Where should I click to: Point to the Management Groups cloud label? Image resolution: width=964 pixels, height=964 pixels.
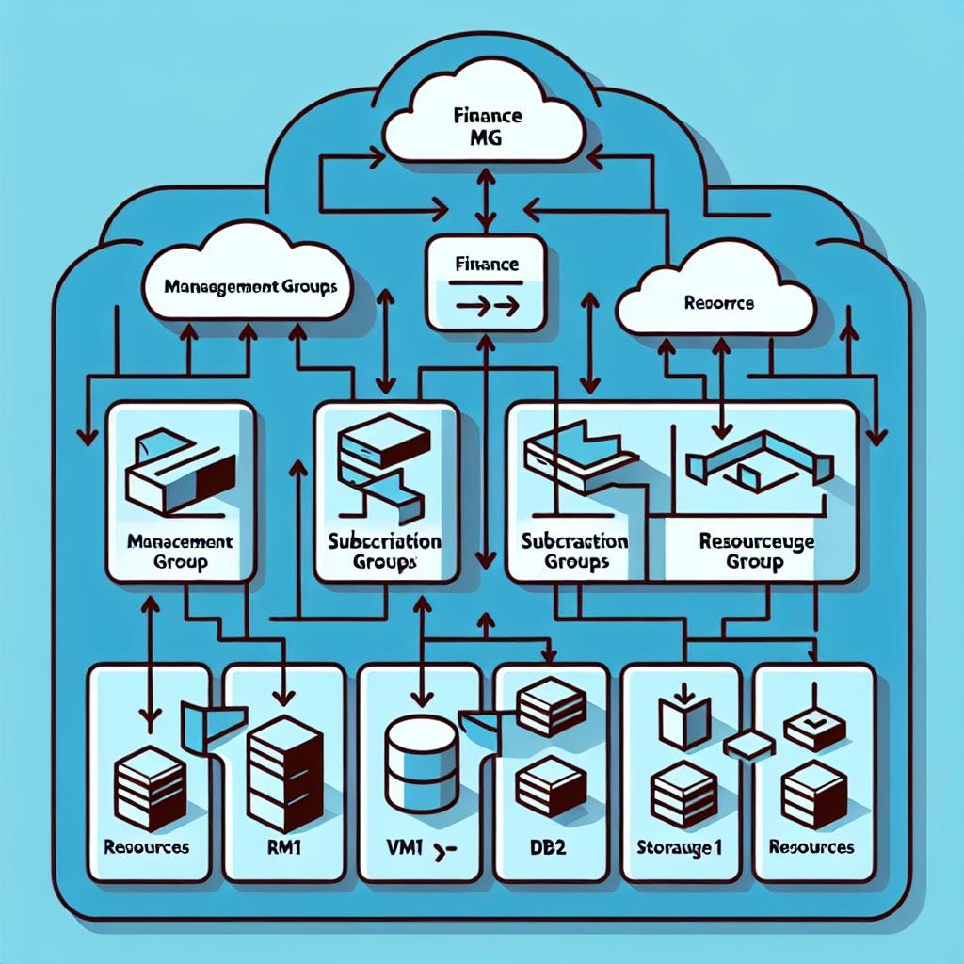tap(249, 284)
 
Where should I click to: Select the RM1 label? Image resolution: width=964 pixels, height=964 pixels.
tap(283, 847)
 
